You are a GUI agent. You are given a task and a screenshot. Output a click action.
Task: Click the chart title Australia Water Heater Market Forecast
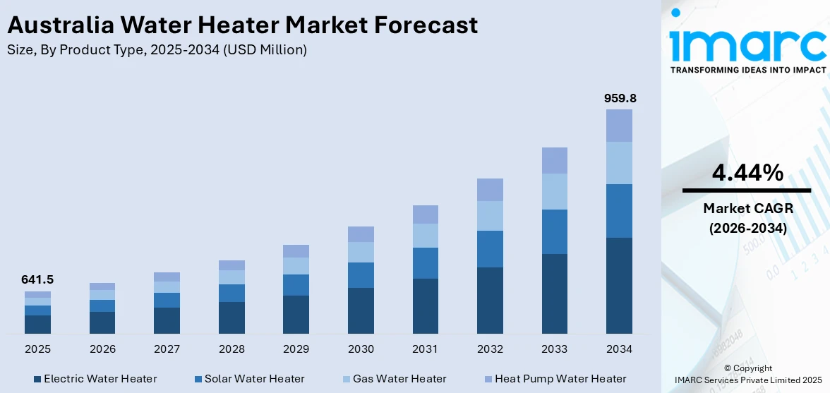[x=242, y=25]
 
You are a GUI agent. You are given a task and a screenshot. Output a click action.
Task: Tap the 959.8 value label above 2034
[x=620, y=98]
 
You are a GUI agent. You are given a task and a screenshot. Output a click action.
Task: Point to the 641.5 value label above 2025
[x=37, y=279]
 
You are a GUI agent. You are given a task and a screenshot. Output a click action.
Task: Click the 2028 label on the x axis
[x=231, y=349]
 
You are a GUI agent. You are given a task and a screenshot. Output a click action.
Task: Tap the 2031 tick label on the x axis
[x=426, y=349]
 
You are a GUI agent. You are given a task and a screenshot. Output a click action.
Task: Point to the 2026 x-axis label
[x=102, y=349]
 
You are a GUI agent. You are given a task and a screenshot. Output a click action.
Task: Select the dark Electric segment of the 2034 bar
[x=619, y=286]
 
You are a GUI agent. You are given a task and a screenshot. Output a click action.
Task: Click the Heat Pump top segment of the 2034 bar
[x=619, y=126]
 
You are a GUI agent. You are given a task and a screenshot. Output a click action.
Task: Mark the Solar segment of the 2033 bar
[x=555, y=231]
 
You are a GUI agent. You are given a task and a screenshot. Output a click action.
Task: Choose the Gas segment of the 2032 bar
[x=490, y=216]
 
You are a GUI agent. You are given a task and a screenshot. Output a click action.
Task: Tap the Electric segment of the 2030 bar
[x=361, y=310]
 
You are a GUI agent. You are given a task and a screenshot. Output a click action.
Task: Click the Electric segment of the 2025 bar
[x=37, y=325]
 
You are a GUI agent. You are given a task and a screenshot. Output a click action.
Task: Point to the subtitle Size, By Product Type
[x=157, y=50]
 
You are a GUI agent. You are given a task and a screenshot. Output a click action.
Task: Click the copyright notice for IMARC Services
[x=747, y=374]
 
